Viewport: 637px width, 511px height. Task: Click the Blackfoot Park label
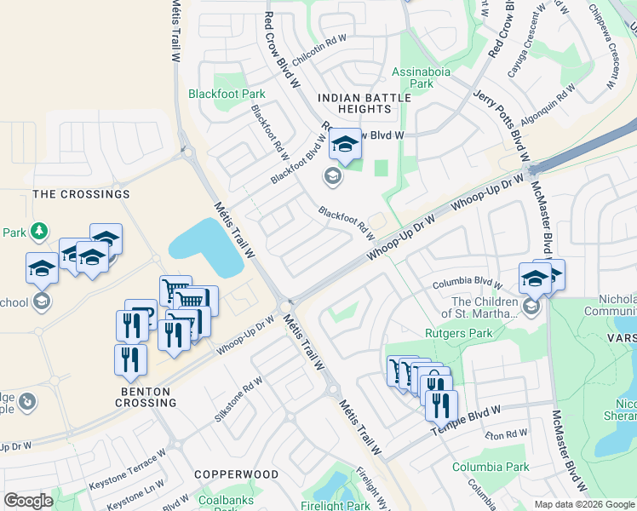click(227, 94)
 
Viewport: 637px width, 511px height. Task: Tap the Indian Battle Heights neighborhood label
click(364, 104)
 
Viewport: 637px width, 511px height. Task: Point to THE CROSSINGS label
click(81, 194)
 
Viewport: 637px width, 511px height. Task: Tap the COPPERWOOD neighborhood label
click(236, 474)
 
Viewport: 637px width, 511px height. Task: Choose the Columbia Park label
click(491, 467)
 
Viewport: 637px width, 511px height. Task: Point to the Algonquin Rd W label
click(548, 106)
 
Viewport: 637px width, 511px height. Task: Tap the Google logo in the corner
click(28, 501)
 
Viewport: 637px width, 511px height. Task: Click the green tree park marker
click(38, 232)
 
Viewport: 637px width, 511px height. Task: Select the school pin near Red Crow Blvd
click(345, 146)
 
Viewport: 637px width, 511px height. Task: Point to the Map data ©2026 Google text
click(584, 504)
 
